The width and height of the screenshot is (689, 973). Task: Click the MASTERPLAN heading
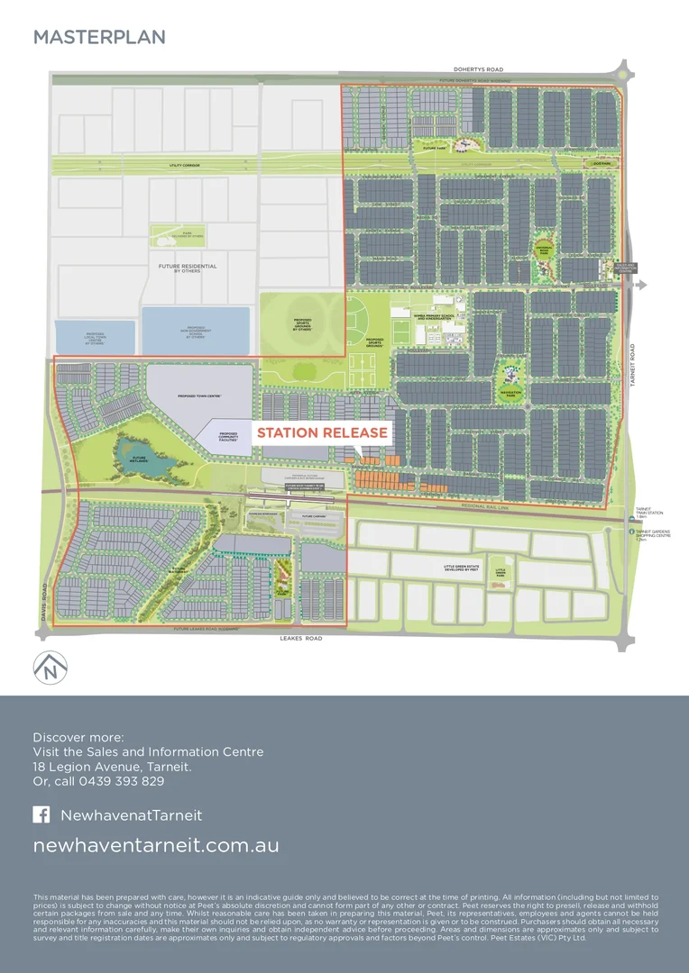(99, 37)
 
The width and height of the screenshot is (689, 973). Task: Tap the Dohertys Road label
(478, 68)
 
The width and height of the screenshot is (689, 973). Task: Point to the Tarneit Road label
(633, 369)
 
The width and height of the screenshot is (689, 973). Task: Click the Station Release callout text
(322, 432)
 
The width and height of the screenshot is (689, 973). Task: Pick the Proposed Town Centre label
(200, 395)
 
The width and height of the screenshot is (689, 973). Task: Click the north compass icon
(50, 668)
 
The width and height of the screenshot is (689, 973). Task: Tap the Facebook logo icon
(41, 814)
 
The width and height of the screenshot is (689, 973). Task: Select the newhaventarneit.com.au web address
(156, 846)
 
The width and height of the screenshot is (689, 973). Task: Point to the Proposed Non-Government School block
(196, 331)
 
